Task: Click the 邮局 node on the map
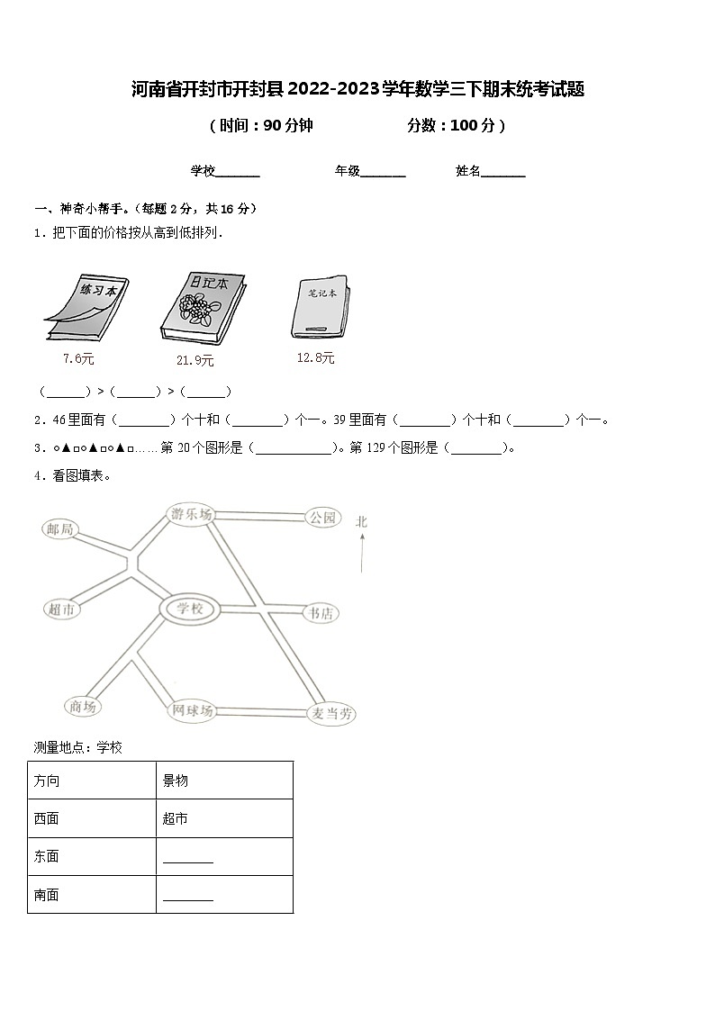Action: click(60, 529)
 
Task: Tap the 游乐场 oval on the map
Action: click(191, 515)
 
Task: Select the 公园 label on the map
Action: click(321, 517)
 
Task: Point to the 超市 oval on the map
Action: click(63, 609)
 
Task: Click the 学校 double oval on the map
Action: click(190, 609)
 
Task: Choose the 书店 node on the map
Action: click(321, 613)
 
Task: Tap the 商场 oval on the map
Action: click(83, 707)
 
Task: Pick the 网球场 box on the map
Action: click(193, 710)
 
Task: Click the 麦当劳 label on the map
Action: click(331, 714)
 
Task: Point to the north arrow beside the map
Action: click(362, 551)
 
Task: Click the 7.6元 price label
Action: click(78, 358)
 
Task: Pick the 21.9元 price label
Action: click(195, 360)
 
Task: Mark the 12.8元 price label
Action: click(315, 358)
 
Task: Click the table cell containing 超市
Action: click(224, 818)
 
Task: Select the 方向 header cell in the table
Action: click(92, 781)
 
